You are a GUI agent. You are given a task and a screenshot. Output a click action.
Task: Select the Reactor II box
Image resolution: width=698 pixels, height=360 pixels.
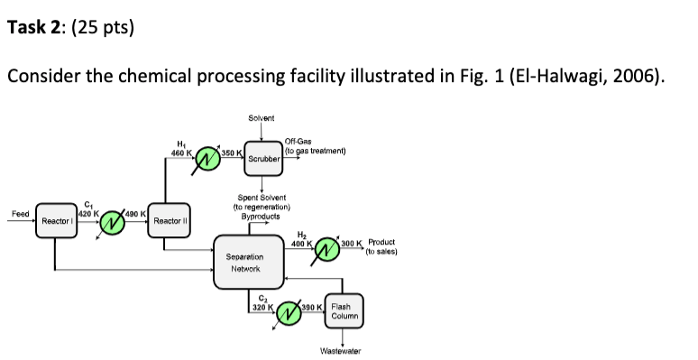tap(169, 220)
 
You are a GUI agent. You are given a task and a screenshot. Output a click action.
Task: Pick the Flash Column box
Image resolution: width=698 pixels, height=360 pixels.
tap(344, 311)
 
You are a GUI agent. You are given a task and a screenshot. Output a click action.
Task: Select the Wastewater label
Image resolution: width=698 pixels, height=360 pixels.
tap(344, 349)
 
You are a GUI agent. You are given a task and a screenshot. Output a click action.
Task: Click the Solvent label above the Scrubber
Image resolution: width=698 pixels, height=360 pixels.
tap(261, 118)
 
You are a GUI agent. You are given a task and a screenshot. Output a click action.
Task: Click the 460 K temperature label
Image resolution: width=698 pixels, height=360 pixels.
tap(180, 152)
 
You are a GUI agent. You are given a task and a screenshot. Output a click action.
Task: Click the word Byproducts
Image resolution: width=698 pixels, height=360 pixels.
tap(261, 217)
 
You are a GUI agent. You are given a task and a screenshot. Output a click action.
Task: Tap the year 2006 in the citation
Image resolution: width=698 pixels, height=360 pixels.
tap(631, 76)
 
